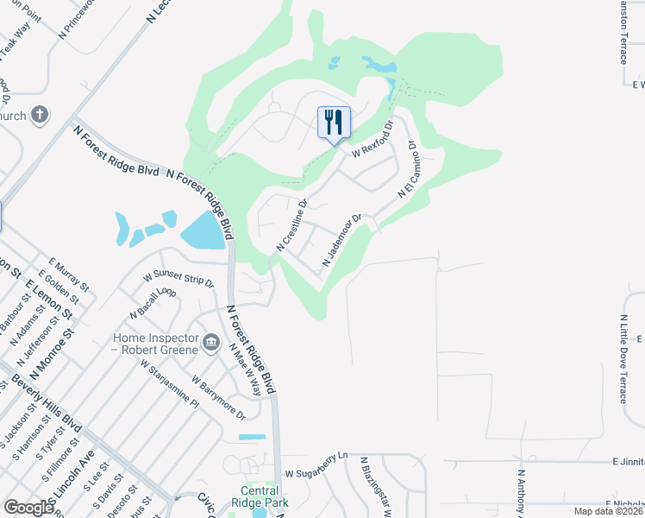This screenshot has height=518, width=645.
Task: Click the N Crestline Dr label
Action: [292, 226]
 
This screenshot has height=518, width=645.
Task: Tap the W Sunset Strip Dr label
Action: [178, 278]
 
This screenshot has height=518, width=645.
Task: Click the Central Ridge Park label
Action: [259, 496]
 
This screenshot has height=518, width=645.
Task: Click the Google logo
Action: [28, 508]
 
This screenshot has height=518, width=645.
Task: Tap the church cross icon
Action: [40, 115]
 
